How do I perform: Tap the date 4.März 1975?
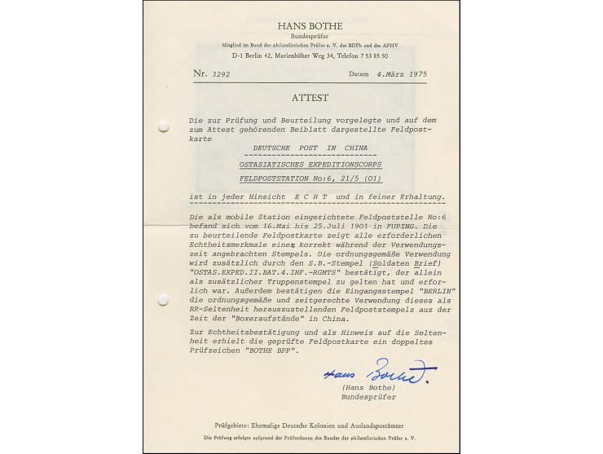pyautogui.click(x=400, y=73)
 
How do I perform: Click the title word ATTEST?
pyautogui.click(x=310, y=98)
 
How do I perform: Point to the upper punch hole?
pyautogui.click(x=163, y=126)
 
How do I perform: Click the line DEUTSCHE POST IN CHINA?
pyautogui.click(x=310, y=149)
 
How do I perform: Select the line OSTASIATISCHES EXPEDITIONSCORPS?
pyautogui.click(x=310, y=164)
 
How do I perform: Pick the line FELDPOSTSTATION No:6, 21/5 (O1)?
pyautogui.click(x=310, y=178)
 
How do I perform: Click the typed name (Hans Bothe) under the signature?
pyautogui.click(x=368, y=390)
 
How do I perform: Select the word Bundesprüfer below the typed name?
pyautogui.click(x=368, y=398)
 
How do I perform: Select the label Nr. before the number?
pyautogui.click(x=200, y=73)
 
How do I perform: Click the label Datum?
pyautogui.click(x=359, y=73)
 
